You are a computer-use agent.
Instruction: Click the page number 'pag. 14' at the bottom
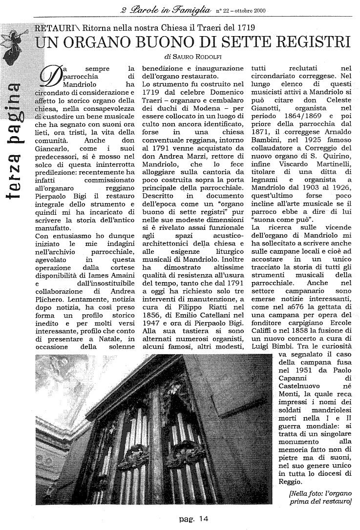(x=194, y=519)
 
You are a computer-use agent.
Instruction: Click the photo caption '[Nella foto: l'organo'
(x=320, y=493)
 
